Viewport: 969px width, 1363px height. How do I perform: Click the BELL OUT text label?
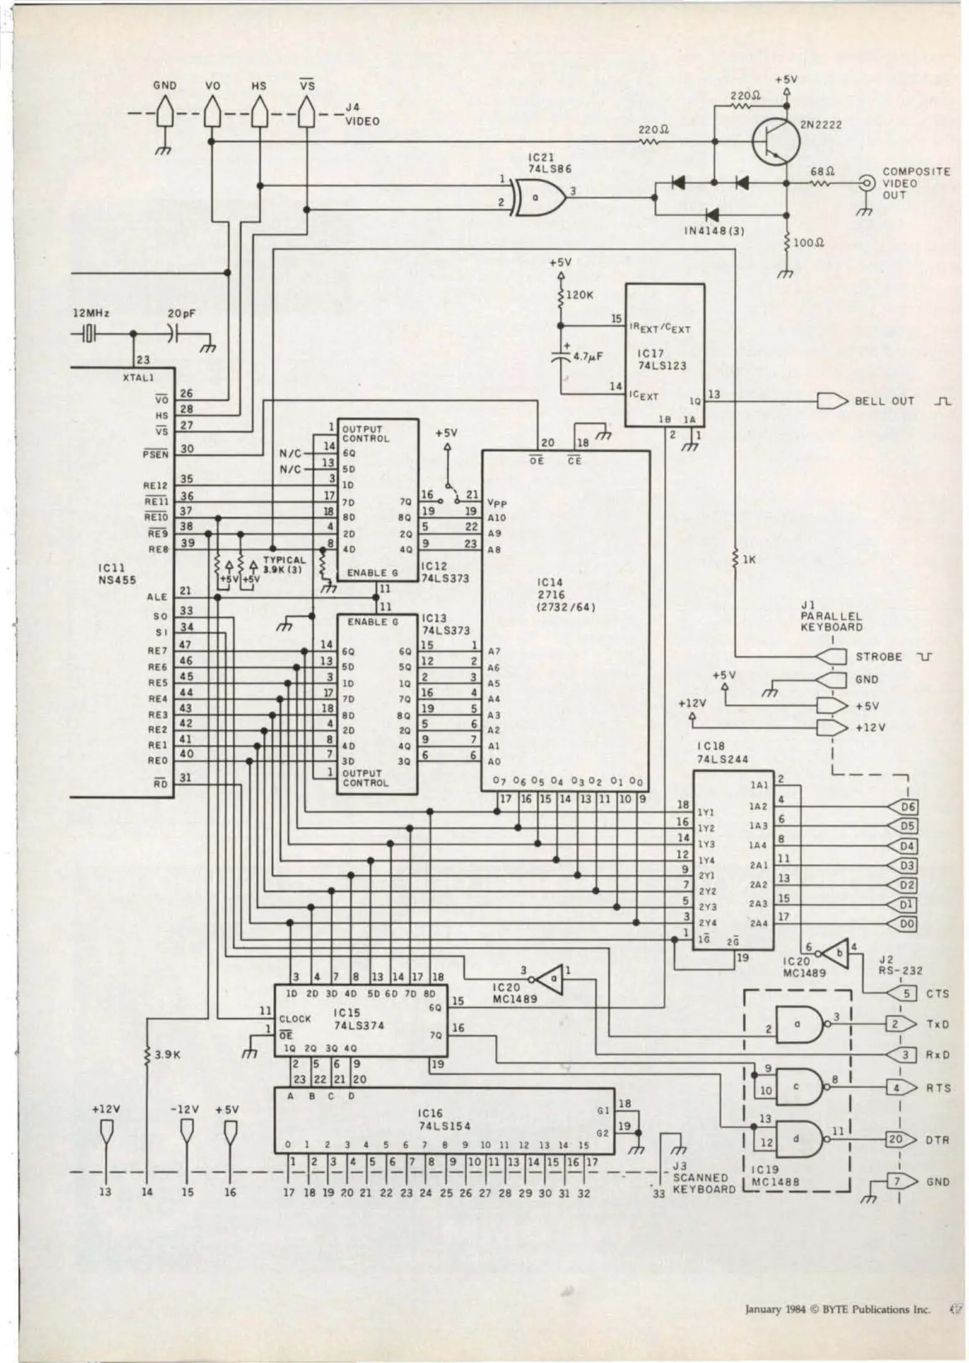pyautogui.click(x=884, y=401)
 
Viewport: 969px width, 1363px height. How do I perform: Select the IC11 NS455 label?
pyautogui.click(x=117, y=574)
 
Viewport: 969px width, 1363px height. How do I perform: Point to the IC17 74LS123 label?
pyautogui.click(x=662, y=360)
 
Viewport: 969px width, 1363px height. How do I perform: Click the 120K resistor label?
pyautogui.click(x=580, y=294)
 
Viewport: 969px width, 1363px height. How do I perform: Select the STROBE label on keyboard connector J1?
pyautogui.click(x=878, y=657)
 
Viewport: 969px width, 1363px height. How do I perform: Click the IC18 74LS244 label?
pyautogui.click(x=722, y=753)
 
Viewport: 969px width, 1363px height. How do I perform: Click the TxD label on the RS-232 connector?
pyautogui.click(x=937, y=1024)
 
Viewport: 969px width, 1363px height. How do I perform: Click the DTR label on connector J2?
pyautogui.click(x=937, y=1140)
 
